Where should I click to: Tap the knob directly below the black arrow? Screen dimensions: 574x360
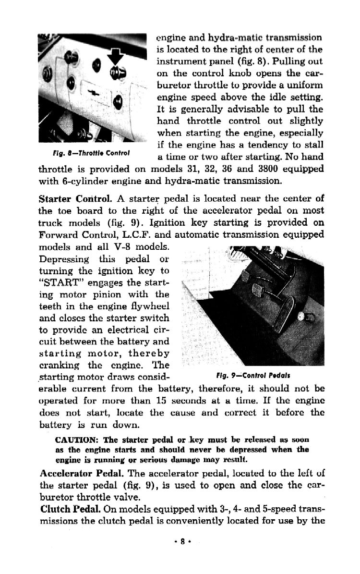pyautogui.click(x=117, y=73)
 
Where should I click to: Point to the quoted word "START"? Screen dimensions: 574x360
pyautogui.click(x=58, y=282)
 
